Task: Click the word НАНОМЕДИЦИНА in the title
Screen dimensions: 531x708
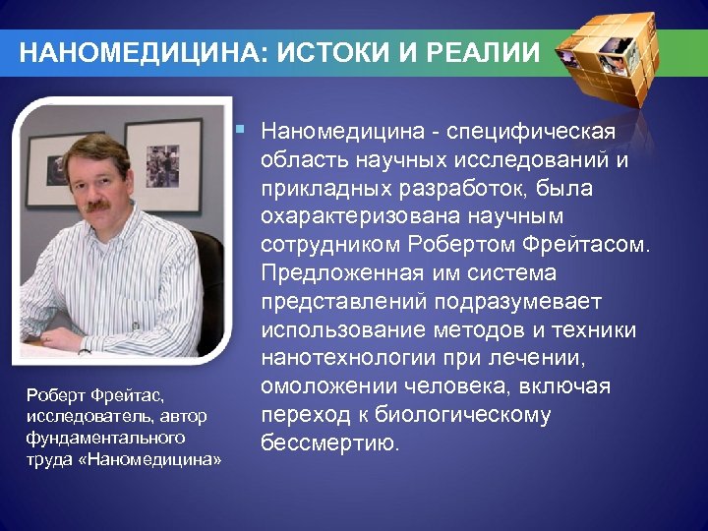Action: (139, 53)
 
